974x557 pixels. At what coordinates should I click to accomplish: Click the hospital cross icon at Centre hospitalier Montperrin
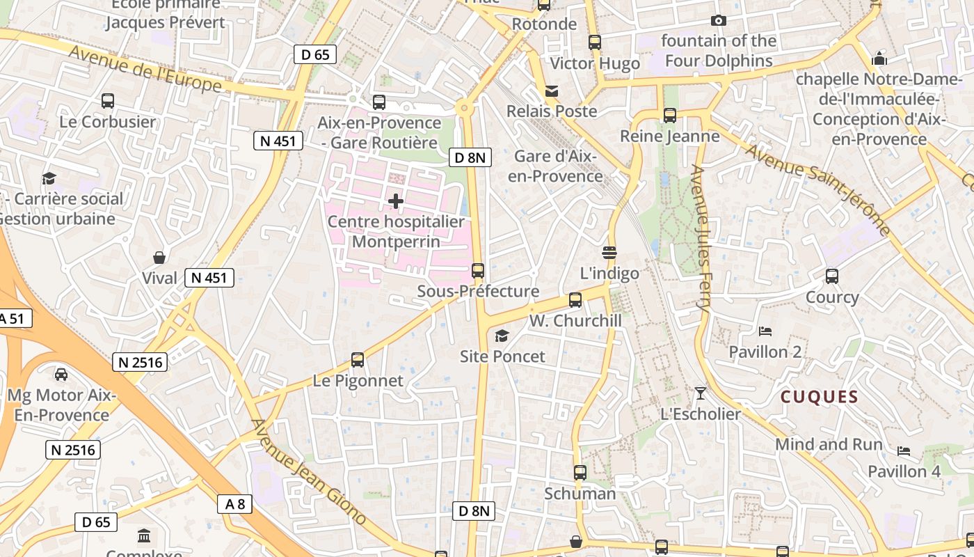396,202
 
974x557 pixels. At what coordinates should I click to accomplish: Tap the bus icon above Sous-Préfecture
478,271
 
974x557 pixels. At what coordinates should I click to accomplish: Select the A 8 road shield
235,504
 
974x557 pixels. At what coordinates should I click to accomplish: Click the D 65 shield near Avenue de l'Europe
315,54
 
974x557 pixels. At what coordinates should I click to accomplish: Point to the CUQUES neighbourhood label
819,398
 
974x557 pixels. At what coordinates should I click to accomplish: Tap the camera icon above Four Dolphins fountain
719,21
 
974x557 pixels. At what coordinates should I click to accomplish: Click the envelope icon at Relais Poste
552,91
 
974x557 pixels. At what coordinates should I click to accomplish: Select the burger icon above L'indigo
609,252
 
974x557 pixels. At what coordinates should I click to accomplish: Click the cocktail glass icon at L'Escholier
701,393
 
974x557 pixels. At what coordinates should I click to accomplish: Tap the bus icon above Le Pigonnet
358,360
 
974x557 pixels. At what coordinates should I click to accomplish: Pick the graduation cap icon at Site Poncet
502,336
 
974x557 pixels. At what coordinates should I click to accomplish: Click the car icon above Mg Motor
61,375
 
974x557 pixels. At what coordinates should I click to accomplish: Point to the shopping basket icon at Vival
159,258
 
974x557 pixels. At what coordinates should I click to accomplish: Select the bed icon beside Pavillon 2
765,331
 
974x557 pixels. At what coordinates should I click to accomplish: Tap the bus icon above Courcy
832,276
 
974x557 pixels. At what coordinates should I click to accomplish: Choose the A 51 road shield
12,319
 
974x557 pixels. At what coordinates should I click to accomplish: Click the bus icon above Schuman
580,473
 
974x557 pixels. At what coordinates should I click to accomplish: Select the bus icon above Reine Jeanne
669,116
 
